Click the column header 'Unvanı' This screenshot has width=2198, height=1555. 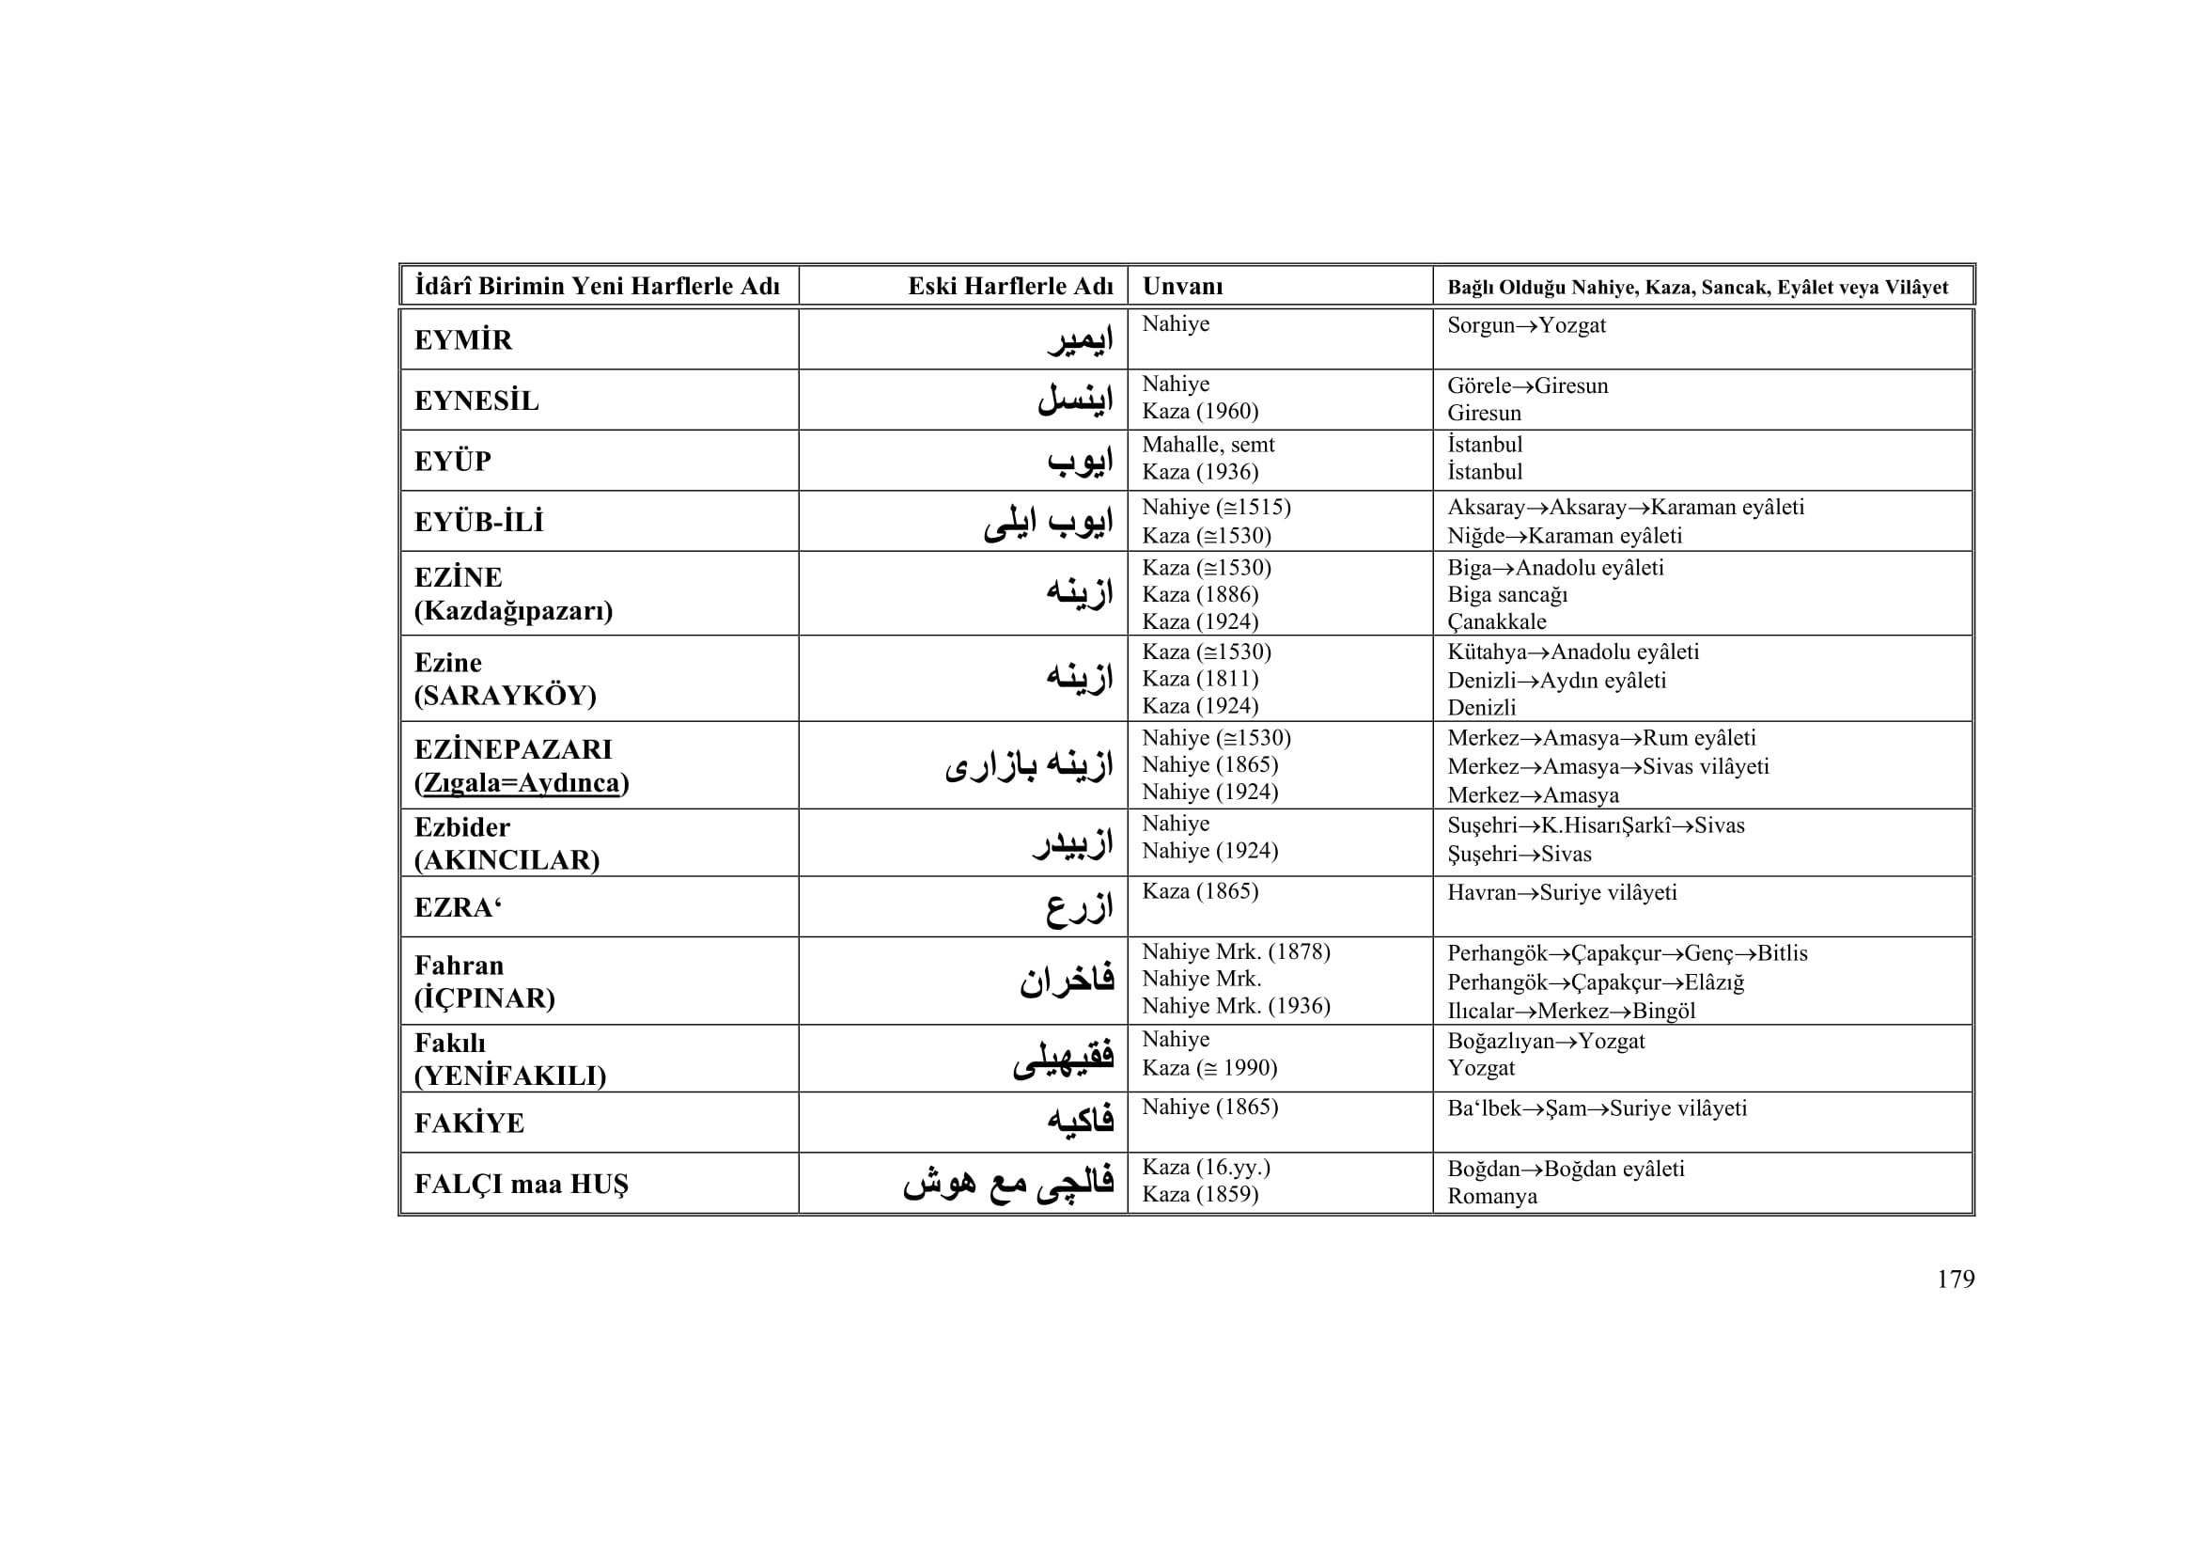[1182, 287]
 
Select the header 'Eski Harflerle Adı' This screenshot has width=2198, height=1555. [1010, 287]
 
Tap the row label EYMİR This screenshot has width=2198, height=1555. [463, 340]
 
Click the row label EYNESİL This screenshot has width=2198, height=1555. [476, 401]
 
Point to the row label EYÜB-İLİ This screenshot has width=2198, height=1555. [478, 522]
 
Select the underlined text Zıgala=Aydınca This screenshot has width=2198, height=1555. [522, 783]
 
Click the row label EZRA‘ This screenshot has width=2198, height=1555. [459, 906]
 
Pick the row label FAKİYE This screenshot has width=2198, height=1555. [469, 1123]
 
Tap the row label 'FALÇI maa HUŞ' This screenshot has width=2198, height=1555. [522, 1184]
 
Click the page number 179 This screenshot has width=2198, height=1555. [1955, 1280]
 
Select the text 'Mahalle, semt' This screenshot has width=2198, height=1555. [1208, 445]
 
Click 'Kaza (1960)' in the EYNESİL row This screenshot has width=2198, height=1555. [1200, 412]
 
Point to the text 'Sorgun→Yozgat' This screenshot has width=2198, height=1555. [1526, 325]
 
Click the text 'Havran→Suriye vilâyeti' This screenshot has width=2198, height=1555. [1562, 892]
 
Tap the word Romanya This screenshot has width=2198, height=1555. [1491, 1196]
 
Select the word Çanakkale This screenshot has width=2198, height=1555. [1496, 621]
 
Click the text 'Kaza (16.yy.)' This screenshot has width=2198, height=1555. [1207, 1168]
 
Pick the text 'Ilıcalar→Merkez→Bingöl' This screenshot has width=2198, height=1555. [1571, 1012]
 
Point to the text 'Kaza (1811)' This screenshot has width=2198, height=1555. [1200, 679]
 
